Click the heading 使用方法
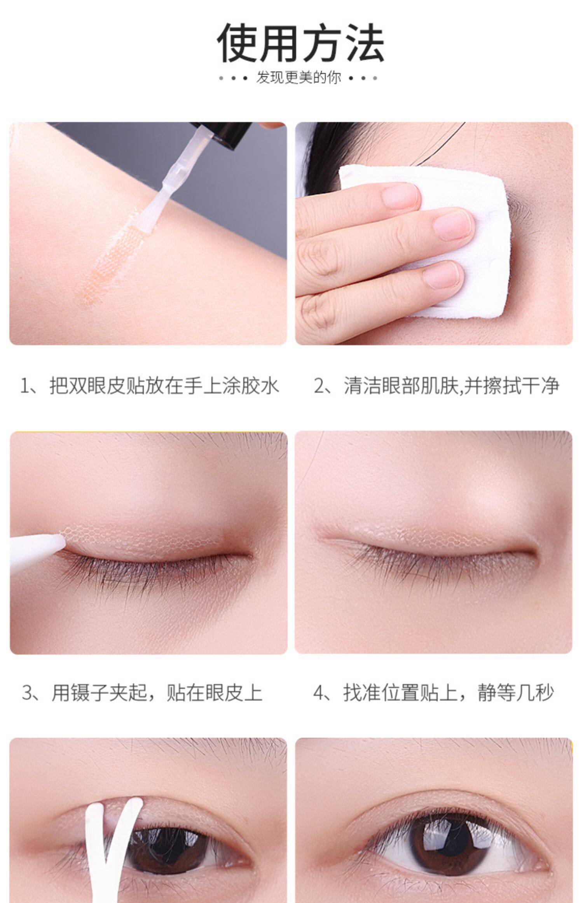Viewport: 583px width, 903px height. click(300, 43)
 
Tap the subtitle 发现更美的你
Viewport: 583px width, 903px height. click(298, 78)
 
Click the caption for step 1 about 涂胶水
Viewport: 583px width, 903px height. click(149, 386)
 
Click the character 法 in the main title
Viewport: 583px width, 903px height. click(364, 43)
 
